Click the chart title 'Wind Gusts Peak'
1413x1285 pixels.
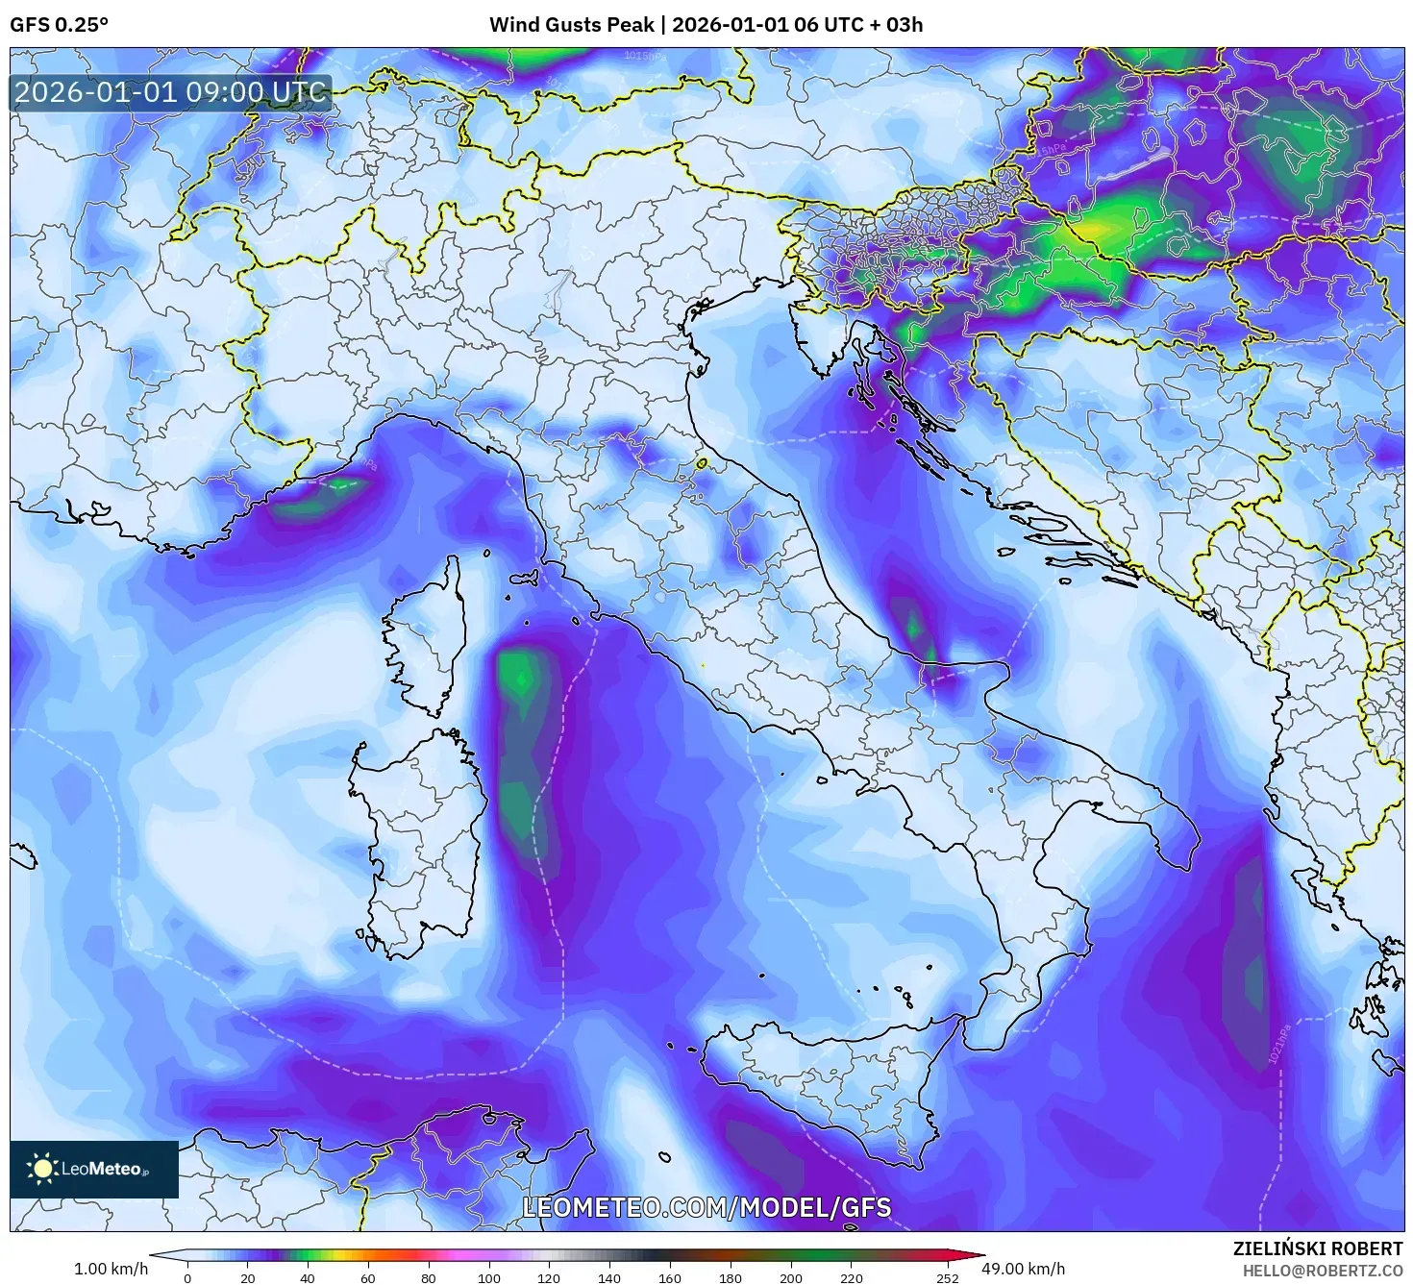click(x=571, y=25)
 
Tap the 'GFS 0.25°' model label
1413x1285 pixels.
click(x=59, y=25)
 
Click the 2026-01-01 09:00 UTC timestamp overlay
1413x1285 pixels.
click(x=170, y=93)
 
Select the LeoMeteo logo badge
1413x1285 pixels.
click(x=94, y=1169)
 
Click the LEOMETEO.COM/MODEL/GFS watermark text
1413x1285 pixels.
click(x=706, y=1208)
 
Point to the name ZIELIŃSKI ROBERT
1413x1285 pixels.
click(x=1317, y=1248)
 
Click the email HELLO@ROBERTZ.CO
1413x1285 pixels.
click(x=1322, y=1271)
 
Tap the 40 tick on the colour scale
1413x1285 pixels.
click(x=308, y=1277)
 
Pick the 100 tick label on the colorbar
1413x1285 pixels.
click(x=489, y=1277)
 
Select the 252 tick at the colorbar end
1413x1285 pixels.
click(x=948, y=1277)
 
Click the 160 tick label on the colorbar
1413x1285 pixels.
click(x=670, y=1277)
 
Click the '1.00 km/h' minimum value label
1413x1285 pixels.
click(x=111, y=1269)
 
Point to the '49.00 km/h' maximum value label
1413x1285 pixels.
click(x=1029, y=1269)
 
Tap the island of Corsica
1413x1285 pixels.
click(x=423, y=639)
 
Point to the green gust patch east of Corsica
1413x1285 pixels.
click(x=520, y=678)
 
